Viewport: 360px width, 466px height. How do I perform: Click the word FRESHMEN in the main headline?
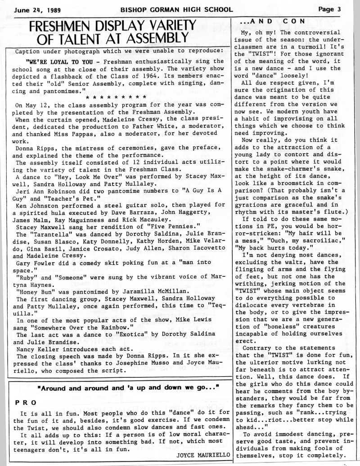click(x=62, y=25)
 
